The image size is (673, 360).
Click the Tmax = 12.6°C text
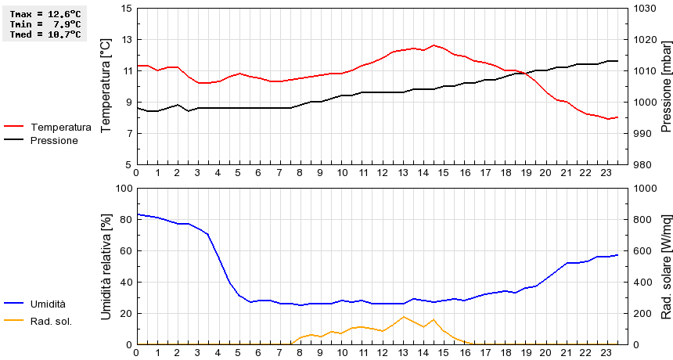click(45, 14)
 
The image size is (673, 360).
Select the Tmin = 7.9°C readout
click(45, 24)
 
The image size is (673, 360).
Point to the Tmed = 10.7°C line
click(45, 34)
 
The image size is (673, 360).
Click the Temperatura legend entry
click(60, 127)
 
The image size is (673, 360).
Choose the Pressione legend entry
click(53, 140)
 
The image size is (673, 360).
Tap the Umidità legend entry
click(48, 304)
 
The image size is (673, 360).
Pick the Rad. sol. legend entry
click(51, 320)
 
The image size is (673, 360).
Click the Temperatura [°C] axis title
click(106, 86)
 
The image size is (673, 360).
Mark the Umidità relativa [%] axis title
click(106, 266)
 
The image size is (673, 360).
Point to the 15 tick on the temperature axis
click(127, 8)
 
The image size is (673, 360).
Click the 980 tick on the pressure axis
click(644, 164)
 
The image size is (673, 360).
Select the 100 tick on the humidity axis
click(124, 188)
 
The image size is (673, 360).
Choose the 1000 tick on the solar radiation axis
click(647, 188)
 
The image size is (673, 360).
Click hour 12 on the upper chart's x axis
click(382, 173)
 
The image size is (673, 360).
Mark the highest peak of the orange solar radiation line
click(403, 317)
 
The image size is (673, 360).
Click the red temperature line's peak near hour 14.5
click(434, 45)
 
